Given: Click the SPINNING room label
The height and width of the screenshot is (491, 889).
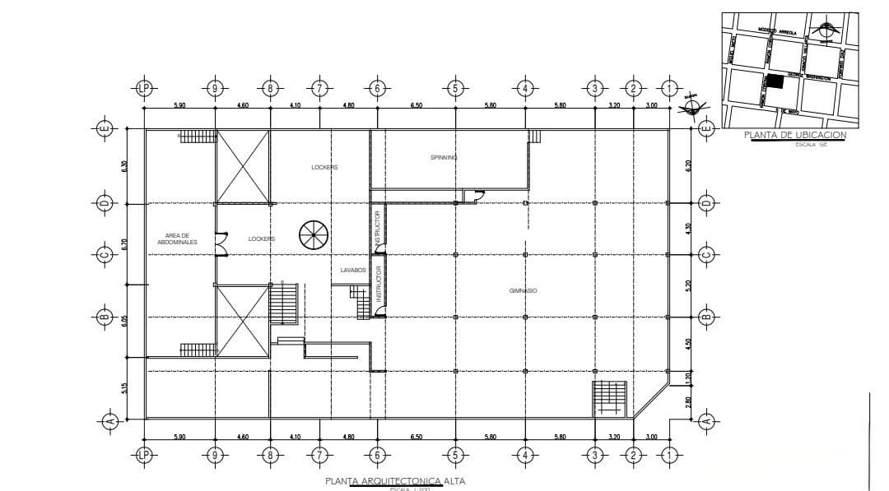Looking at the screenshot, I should point(444,156).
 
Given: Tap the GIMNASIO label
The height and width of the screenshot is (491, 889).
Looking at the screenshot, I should point(523,290).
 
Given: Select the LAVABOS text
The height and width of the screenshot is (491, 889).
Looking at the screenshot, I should point(353,270).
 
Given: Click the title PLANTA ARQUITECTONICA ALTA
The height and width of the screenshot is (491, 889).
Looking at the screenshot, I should point(389,481).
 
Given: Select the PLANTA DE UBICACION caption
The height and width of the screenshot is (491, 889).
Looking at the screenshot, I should point(794,135).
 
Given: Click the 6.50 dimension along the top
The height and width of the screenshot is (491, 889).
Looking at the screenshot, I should point(417,105).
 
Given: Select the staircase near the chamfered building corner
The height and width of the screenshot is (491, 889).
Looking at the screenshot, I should point(610,398).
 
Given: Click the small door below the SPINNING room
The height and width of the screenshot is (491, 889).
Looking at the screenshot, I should point(473,195).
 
